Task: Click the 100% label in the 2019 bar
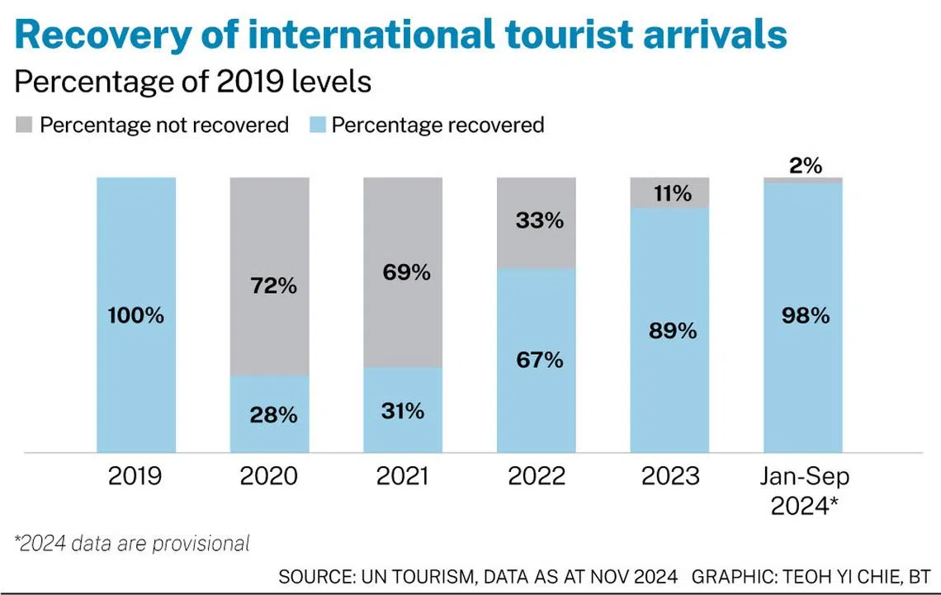pyautogui.click(x=135, y=316)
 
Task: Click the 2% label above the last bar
pyautogui.click(x=805, y=165)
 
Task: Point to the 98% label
pyautogui.click(x=804, y=316)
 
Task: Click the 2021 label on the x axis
pyautogui.click(x=403, y=477)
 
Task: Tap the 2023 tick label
pyautogui.click(x=670, y=477)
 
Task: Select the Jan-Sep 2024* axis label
pyautogui.click(x=804, y=491)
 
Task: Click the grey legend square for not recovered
pyautogui.click(x=23, y=125)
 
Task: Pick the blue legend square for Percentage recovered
pyautogui.click(x=315, y=125)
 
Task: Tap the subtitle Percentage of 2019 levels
pyautogui.click(x=193, y=82)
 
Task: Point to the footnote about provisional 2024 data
pyautogui.click(x=132, y=544)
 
